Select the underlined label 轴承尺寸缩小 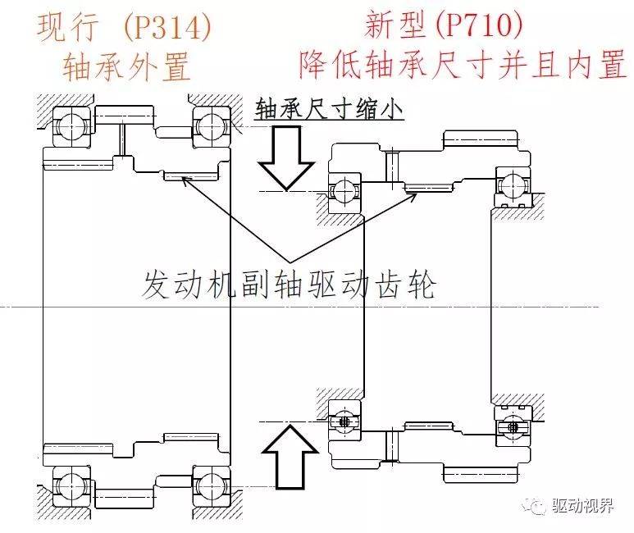pyautogui.click(x=329, y=110)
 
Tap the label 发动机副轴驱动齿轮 pyautogui.click(x=289, y=286)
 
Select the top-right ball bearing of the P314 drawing pyautogui.click(x=208, y=125)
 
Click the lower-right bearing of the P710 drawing pyautogui.click(x=511, y=426)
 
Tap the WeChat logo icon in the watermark pyautogui.click(x=538, y=506)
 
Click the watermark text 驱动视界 pyautogui.click(x=583, y=506)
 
